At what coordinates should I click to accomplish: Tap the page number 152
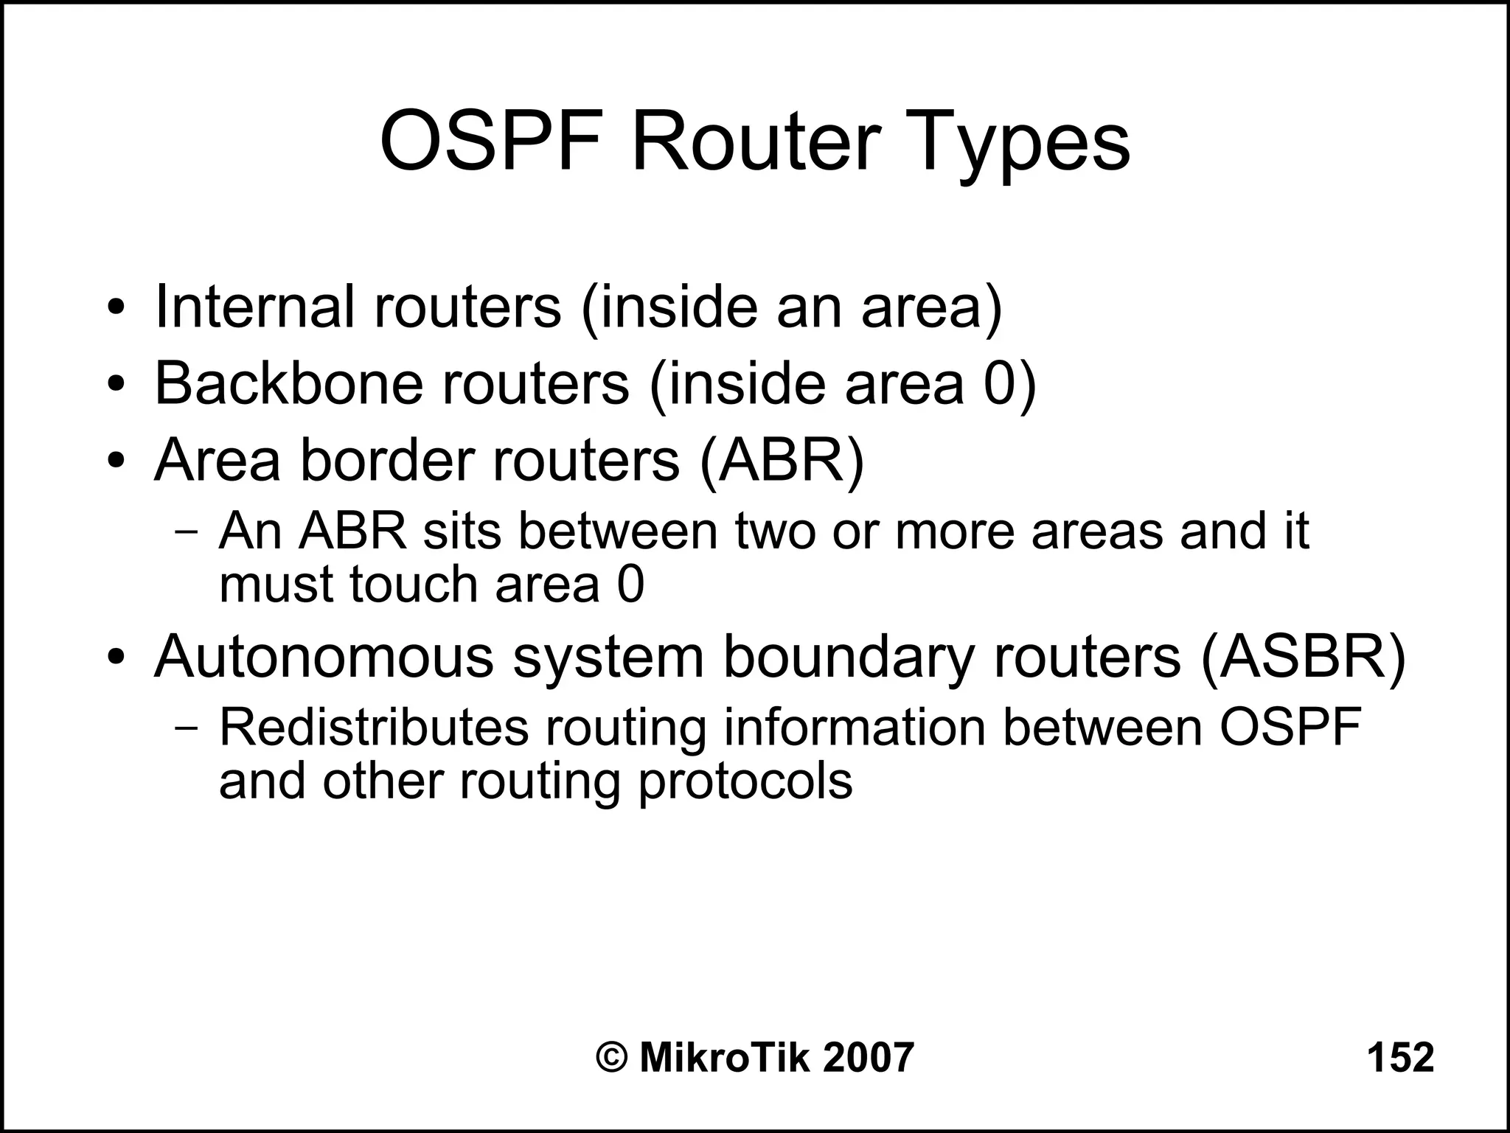pos(1400,1057)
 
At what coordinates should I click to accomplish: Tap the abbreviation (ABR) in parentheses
pos(781,459)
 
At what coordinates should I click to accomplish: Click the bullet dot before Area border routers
pos(114,462)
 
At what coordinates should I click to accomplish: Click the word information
pos(855,728)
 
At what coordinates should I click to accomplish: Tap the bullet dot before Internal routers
pos(114,308)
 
